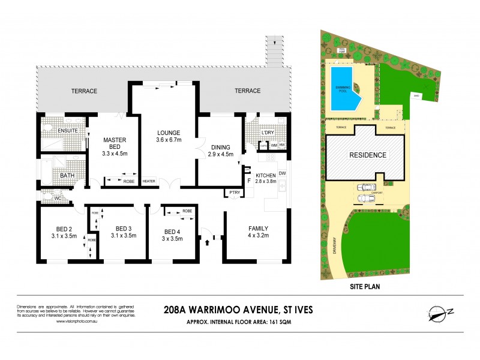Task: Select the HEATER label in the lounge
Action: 149,181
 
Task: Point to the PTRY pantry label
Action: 233,192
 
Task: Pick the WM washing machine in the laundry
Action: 274,145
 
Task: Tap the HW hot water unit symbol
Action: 283,145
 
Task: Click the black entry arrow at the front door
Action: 209,242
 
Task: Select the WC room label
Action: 58,197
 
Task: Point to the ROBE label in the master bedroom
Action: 128,181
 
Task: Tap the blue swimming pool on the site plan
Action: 342,88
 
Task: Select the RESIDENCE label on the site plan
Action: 368,155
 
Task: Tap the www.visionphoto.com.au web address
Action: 76,321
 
